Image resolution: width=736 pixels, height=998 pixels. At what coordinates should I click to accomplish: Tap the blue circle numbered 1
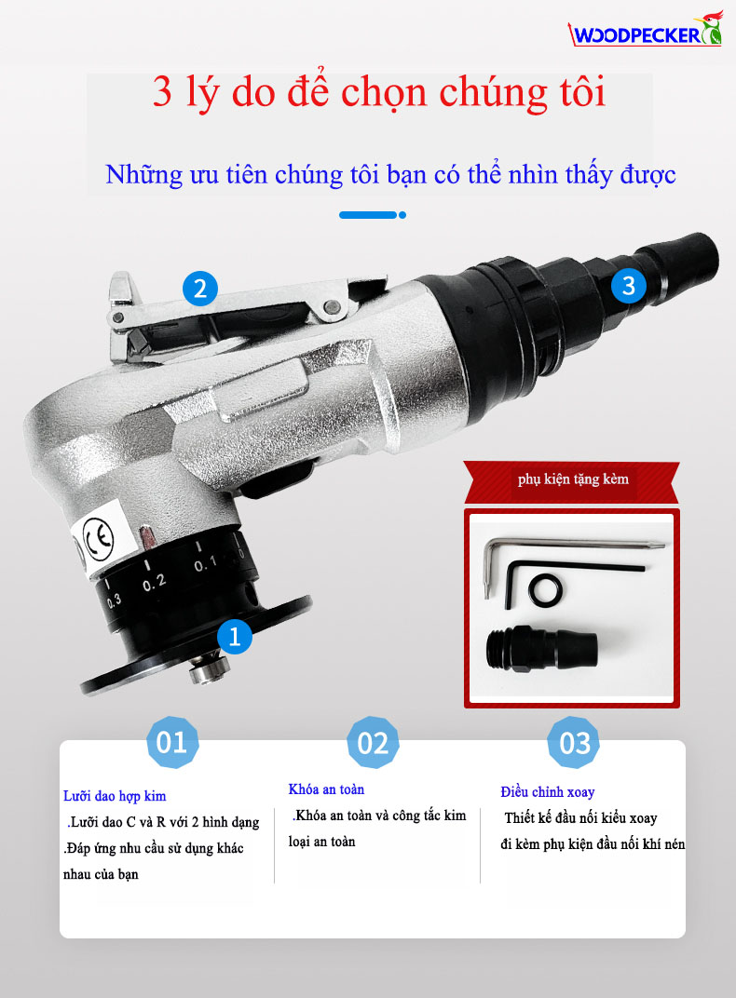pos(234,636)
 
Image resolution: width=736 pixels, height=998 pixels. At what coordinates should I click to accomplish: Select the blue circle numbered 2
pos(200,289)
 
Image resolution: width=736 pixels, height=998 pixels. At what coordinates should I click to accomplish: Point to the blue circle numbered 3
pos(629,285)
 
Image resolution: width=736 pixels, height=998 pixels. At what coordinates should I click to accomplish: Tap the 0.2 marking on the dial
pos(154,582)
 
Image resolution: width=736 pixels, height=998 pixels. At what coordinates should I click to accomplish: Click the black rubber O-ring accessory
pos(546,590)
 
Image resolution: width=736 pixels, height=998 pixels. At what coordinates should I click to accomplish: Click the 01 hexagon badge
pos(172,742)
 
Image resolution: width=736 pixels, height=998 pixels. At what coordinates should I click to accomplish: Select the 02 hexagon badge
pos(373,743)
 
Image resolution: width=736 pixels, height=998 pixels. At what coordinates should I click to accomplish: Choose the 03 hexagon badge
pos(574,743)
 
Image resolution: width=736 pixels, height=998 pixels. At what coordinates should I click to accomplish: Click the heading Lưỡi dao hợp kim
pos(115,796)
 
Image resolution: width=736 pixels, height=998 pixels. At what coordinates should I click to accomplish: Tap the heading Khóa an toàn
pos(327,789)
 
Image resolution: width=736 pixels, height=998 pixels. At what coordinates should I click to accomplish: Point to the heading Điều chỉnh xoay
pos(548,791)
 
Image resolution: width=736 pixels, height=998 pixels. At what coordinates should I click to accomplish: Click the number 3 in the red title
pos(162,91)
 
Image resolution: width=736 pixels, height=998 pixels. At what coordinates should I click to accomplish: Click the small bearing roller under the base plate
pos(208,669)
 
